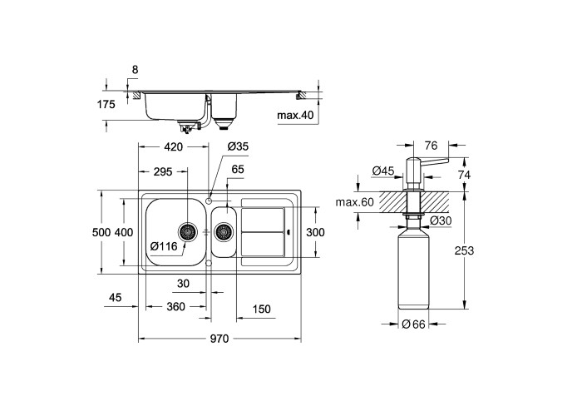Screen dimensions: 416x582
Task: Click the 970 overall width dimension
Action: click(x=219, y=339)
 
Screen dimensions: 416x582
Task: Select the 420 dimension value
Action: click(x=172, y=147)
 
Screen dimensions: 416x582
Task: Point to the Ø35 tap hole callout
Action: click(x=239, y=147)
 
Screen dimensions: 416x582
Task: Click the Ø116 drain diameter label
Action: click(x=164, y=245)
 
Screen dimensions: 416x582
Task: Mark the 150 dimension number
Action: click(x=261, y=309)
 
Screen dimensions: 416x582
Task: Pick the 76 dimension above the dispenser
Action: click(x=432, y=146)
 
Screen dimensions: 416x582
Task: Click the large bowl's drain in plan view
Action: click(x=190, y=230)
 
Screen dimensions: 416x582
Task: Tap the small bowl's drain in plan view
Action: click(x=224, y=231)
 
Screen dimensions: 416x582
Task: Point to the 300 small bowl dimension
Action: click(x=314, y=232)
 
